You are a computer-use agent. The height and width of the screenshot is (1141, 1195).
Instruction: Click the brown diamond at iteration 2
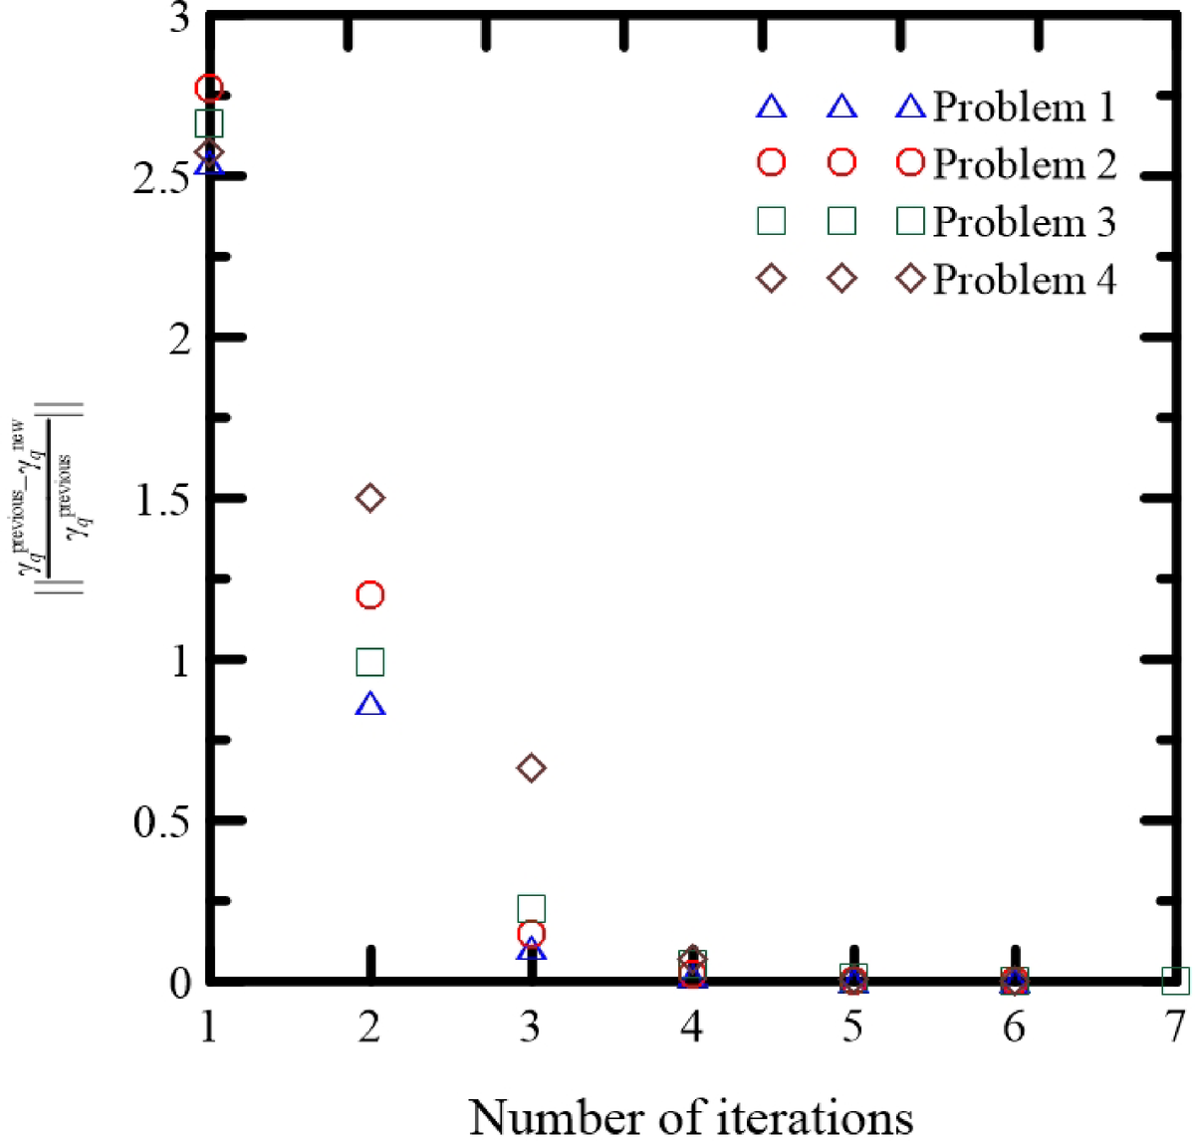point(370,498)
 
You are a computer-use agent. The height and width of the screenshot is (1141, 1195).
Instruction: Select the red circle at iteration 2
point(369,595)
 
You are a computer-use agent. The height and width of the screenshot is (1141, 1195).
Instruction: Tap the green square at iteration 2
point(369,662)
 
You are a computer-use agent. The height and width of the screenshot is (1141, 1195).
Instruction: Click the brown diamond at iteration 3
point(531,768)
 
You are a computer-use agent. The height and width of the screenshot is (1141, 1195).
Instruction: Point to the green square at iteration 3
point(531,908)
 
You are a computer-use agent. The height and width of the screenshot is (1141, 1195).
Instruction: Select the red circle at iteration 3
point(531,934)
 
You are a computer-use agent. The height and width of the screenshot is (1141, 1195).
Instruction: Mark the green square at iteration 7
point(1176,981)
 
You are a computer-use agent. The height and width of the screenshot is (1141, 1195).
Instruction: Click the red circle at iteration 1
point(209,89)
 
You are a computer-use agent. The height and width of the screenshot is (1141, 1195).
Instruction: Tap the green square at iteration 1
point(209,123)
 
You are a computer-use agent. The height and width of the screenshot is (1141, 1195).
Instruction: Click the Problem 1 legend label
point(1024,107)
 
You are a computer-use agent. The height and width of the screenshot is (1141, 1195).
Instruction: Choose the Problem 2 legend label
point(1024,164)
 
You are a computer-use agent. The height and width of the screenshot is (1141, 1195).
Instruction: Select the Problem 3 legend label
point(1024,222)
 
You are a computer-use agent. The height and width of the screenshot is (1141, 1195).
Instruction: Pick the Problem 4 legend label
point(1024,280)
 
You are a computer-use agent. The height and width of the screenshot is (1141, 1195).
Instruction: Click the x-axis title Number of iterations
point(690,1115)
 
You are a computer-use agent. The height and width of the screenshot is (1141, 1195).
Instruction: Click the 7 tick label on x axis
point(1175,1026)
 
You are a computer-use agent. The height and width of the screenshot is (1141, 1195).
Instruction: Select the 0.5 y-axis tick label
point(161,821)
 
